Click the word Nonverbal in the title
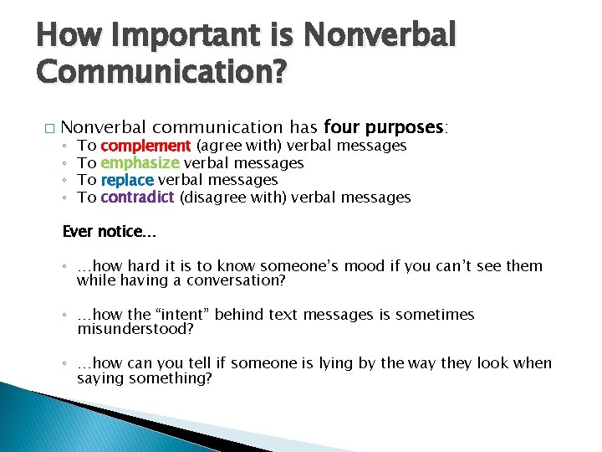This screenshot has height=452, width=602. (x=380, y=35)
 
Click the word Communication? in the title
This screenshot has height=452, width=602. (x=161, y=74)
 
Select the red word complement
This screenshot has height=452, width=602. (x=145, y=146)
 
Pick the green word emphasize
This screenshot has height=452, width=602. (x=140, y=162)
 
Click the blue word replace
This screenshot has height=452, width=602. (x=127, y=179)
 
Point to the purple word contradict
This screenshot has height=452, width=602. (x=137, y=197)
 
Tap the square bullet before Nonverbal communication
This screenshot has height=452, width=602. (x=48, y=128)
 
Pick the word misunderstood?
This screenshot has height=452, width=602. (x=135, y=329)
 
